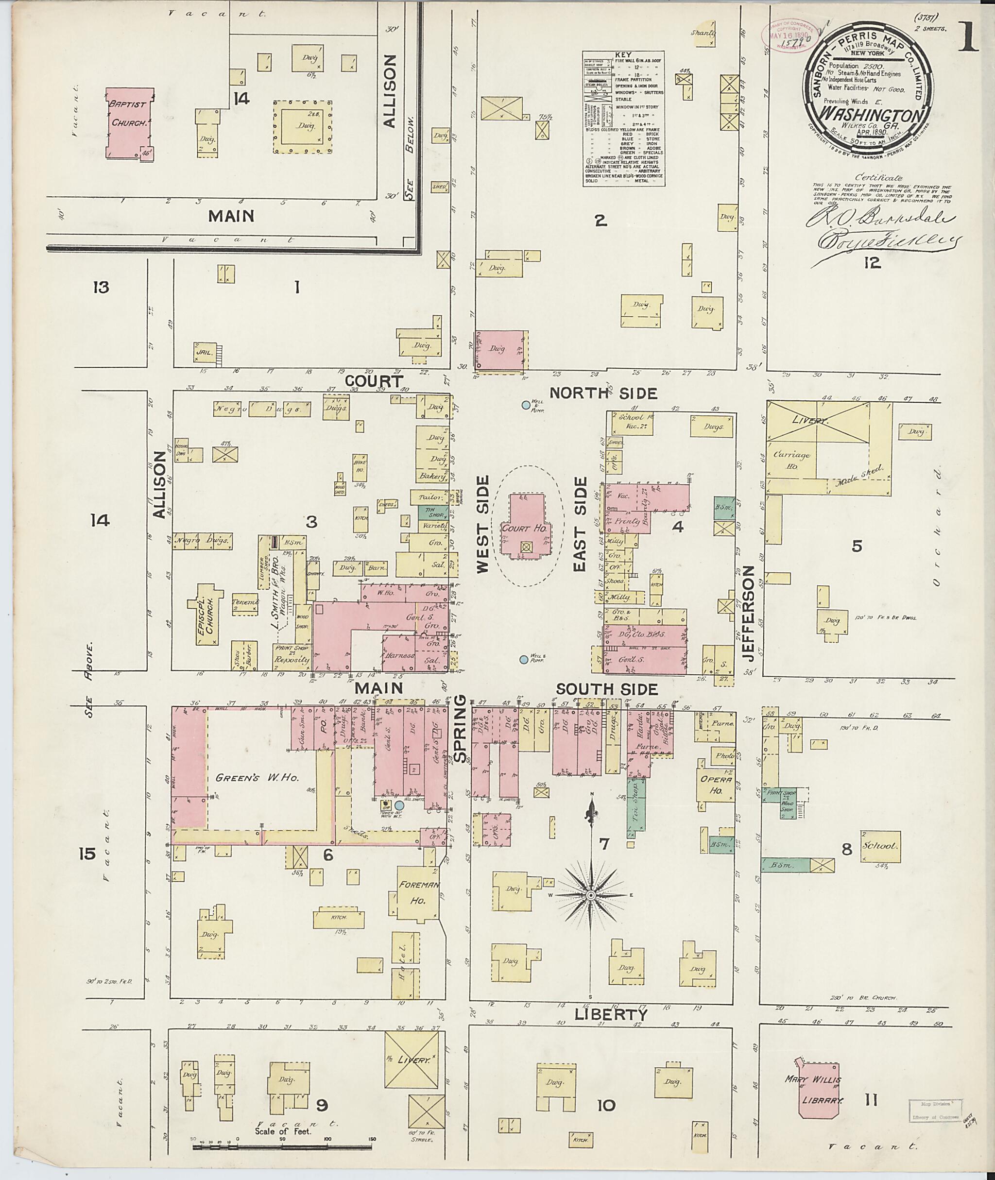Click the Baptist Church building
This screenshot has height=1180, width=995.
[129, 121]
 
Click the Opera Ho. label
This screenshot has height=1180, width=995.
[716, 785]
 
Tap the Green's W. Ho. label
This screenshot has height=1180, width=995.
[257, 777]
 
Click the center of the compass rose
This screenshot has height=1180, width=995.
[591, 895]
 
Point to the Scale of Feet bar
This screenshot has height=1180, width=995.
[282, 1146]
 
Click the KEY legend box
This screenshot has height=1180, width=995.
[623, 119]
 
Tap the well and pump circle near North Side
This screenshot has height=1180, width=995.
[526, 405]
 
